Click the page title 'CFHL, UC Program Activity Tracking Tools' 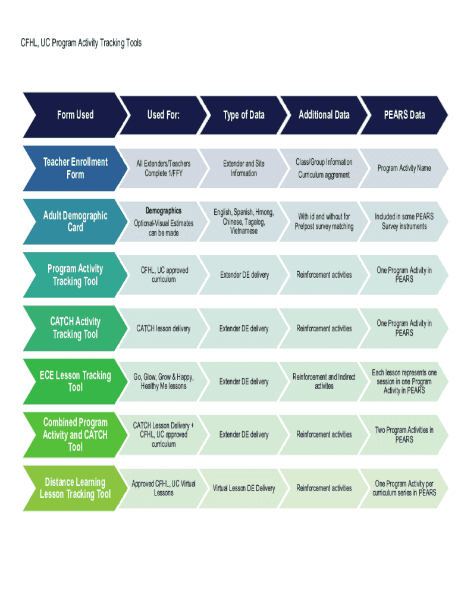pos(81,43)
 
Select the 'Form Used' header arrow pos(76,115)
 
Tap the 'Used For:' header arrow pos(164,115)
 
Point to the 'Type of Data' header pos(244,115)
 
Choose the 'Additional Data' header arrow pos(324,115)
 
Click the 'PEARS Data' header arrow pos(404,115)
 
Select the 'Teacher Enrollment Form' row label pos(76,168)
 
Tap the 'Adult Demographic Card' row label pos(76,221)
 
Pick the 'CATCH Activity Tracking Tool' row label pos(76,328)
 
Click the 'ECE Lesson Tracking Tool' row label pos(76,381)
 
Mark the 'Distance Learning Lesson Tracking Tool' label pos(76,488)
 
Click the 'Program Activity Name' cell pos(404,168)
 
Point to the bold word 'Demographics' pos(164,211)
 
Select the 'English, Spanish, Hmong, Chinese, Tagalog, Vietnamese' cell pos(244,221)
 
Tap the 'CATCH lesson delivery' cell pos(164,328)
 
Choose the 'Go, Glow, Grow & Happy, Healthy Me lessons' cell pos(164,381)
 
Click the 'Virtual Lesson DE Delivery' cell pos(244,488)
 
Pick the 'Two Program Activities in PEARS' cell pos(404,435)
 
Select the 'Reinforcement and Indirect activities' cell pos(324,381)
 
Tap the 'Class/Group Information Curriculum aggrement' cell pos(324,168)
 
